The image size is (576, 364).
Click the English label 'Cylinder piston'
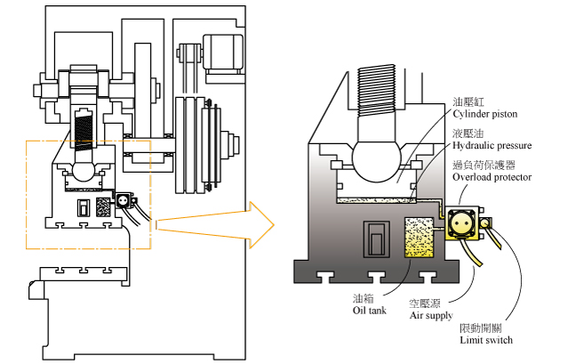[485, 114]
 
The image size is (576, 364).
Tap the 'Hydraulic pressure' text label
[492, 146]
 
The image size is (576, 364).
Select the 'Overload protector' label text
[492, 177]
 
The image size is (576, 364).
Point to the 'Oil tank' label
[370, 311]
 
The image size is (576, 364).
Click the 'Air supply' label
[431, 316]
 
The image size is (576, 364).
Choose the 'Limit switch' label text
[486, 340]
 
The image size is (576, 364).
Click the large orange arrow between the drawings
[216, 224]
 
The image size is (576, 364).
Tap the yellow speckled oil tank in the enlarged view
[419, 237]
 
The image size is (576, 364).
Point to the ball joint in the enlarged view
[376, 159]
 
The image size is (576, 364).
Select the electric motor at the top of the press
[223, 52]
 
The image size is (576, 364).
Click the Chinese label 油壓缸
[468, 101]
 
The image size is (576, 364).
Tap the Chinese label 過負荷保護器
[484, 165]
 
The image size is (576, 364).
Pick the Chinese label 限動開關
[481, 328]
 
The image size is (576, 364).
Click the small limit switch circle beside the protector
[485, 223]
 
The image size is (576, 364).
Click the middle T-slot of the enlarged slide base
[377, 277]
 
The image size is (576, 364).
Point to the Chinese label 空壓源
[425, 303]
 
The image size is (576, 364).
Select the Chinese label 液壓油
[468, 133]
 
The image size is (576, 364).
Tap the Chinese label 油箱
[363, 299]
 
